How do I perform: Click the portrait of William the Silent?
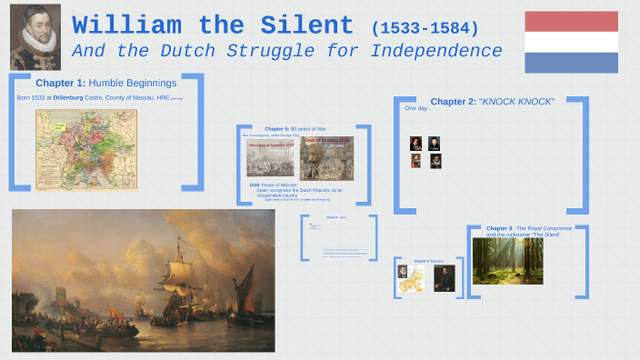tap(35, 36)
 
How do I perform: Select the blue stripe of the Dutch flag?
tap(571, 62)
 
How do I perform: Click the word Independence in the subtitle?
tap(429, 51)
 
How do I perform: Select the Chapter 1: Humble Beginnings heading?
tap(105, 83)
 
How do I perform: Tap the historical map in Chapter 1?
tap(86, 150)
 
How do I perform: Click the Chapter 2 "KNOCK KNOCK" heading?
tap(492, 101)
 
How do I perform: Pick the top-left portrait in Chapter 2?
tap(415, 143)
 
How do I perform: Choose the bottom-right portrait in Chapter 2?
tap(435, 161)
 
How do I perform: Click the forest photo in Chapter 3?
tap(507, 261)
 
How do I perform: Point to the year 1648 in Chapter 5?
tap(255, 185)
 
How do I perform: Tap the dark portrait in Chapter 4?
tap(443, 278)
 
